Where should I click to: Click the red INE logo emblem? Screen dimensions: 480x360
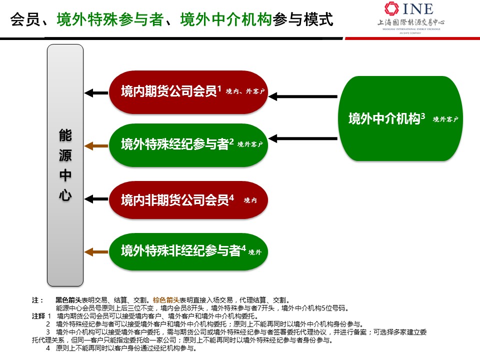pyautogui.click(x=391, y=8)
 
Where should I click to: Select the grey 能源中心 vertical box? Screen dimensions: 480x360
pyautogui.click(x=65, y=165)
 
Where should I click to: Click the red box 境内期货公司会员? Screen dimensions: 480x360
pyautogui.click(x=188, y=92)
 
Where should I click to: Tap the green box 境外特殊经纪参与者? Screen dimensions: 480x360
pyautogui.click(x=188, y=145)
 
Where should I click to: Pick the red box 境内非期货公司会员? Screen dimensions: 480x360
pyautogui.click(x=188, y=200)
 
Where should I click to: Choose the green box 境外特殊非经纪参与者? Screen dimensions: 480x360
pyautogui.click(x=188, y=251)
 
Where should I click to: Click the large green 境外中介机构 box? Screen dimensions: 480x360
pyautogui.click(x=400, y=118)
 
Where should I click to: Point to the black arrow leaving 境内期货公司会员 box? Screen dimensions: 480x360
pyautogui.click(x=96, y=93)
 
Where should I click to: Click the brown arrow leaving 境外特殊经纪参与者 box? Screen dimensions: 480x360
pyautogui.click(x=96, y=146)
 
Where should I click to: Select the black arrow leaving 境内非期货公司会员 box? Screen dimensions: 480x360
pyautogui.click(x=96, y=199)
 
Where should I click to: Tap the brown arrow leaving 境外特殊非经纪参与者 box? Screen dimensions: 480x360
pyautogui.click(x=96, y=252)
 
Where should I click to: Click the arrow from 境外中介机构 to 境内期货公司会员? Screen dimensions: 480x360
pyautogui.click(x=303, y=96)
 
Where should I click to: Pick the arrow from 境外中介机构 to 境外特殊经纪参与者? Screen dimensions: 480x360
pyautogui.click(x=303, y=138)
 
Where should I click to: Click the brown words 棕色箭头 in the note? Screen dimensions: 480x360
pyautogui.click(x=166, y=300)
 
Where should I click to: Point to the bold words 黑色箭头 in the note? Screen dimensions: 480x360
pyautogui.click(x=68, y=300)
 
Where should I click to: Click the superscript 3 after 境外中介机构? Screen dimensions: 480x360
pyautogui.click(x=423, y=116)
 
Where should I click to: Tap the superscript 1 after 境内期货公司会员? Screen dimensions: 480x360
pyautogui.click(x=219, y=89)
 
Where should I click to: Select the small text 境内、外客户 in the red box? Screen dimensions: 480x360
pyautogui.click(x=245, y=91)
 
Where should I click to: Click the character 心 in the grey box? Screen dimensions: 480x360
pyautogui.click(x=65, y=195)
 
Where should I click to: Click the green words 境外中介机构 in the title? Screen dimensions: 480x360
pyautogui.click(x=226, y=19)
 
